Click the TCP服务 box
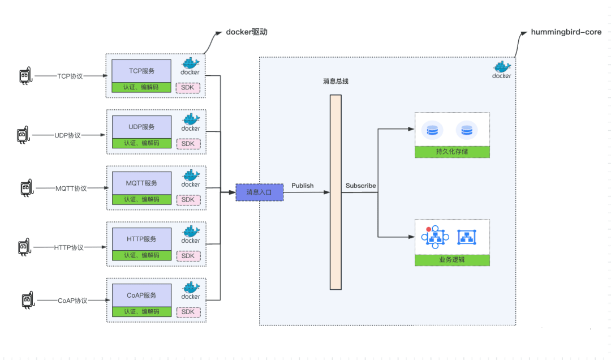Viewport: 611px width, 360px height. [x=141, y=71]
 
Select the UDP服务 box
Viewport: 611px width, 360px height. [x=141, y=127]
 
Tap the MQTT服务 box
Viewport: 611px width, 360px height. [x=141, y=183]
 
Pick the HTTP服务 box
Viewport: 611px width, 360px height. [x=141, y=239]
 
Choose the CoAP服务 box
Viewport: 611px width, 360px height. [x=141, y=295]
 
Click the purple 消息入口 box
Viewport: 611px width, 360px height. [x=259, y=192]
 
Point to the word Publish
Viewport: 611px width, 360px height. [x=302, y=186]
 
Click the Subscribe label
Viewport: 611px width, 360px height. [x=360, y=186]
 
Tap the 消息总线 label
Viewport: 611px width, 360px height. [x=335, y=81]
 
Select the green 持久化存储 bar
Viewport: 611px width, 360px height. [x=452, y=152]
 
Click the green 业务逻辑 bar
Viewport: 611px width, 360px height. [x=452, y=260]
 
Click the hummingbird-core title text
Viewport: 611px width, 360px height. [x=566, y=32]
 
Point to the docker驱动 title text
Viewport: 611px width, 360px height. [x=247, y=32]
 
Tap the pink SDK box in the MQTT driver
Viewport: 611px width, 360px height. [x=188, y=199]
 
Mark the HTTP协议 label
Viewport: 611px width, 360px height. [x=69, y=247]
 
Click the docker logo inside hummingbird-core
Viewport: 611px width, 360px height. [x=501, y=69]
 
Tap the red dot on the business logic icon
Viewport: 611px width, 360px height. [x=428, y=230]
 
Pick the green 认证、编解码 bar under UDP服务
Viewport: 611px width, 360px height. [x=141, y=143]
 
